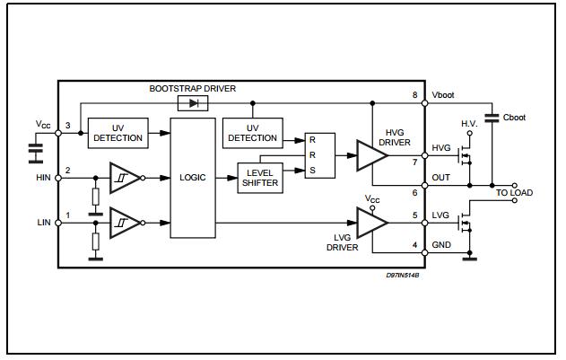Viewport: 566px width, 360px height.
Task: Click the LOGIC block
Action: pos(193,178)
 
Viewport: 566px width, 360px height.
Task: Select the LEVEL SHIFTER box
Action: pos(258,177)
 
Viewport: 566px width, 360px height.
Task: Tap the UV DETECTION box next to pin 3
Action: pos(118,133)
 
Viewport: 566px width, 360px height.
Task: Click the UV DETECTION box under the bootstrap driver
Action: pos(252,133)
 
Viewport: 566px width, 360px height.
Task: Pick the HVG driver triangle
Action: pos(370,153)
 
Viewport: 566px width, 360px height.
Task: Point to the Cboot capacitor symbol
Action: pos(492,118)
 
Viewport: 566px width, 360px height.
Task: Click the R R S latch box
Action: pos(318,155)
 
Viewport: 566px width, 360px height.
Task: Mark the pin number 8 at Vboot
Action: pos(414,95)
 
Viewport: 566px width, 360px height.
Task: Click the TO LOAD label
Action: pos(515,191)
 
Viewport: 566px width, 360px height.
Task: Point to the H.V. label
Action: pos(468,123)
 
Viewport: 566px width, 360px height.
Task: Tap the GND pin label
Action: pos(441,244)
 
